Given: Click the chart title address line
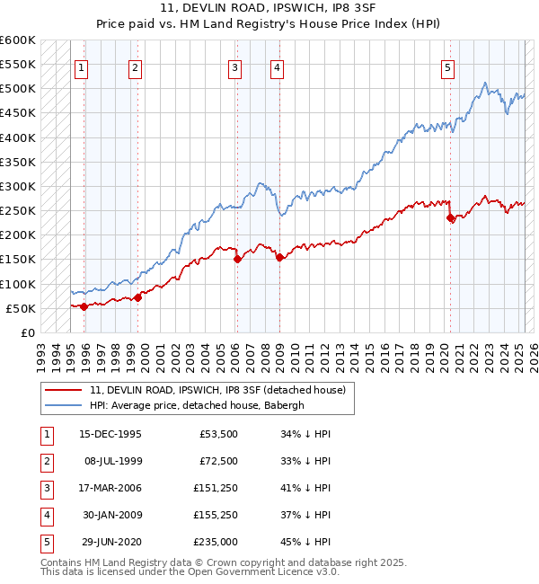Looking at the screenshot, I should [269, 8].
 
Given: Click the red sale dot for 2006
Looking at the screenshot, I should [237, 259].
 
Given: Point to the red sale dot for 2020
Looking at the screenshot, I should [451, 218].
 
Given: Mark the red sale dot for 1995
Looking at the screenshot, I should [84, 306].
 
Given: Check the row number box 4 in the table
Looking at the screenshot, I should [45, 515].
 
